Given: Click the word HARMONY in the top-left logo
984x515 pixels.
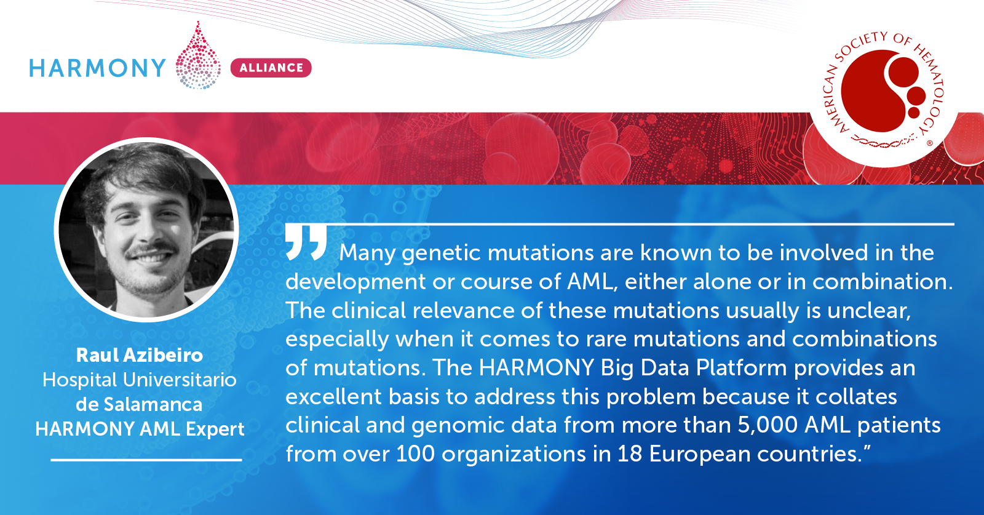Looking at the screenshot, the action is click(x=97, y=68).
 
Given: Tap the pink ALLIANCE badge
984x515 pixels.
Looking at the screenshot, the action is click(x=271, y=68).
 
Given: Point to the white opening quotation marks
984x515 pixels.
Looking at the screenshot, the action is click(x=306, y=242).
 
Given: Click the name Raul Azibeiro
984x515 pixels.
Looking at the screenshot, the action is click(x=139, y=355).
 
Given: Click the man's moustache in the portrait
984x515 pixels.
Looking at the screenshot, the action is click(x=150, y=250).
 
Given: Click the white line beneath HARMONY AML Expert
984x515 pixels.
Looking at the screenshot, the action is click(x=146, y=460).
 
